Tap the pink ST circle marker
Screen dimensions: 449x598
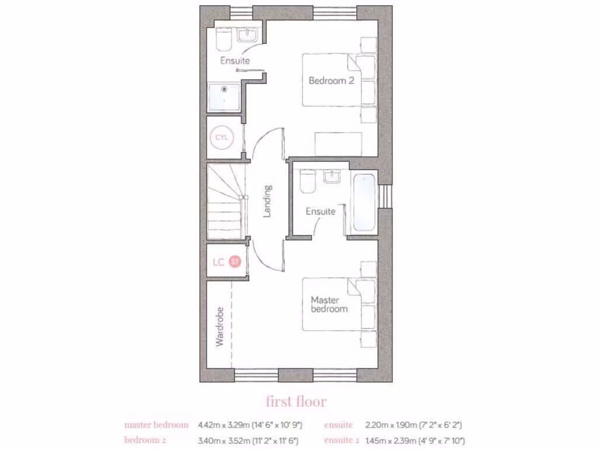click(235, 262)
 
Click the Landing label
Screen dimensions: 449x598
click(267, 201)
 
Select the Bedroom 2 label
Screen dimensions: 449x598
click(331, 81)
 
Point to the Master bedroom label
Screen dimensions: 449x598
click(329, 304)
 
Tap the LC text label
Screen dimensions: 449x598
click(218, 262)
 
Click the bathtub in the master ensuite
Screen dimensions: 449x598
click(364, 203)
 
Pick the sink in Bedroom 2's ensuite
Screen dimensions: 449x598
click(248, 36)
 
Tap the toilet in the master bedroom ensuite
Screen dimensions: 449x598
click(307, 181)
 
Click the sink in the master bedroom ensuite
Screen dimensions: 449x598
click(333, 177)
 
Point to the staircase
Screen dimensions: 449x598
click(225, 201)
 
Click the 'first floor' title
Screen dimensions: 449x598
click(296, 402)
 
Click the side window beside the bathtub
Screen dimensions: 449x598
click(385, 196)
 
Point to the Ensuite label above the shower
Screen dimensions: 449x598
click(235, 60)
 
